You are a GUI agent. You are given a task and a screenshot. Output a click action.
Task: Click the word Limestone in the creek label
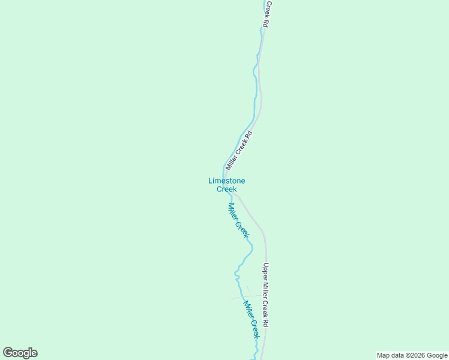point(226,181)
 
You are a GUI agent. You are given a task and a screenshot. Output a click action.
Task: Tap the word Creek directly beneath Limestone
point(226,189)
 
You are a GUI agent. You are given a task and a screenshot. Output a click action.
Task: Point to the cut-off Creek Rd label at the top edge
point(268,13)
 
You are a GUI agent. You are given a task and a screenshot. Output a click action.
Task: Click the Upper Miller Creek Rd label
point(266,295)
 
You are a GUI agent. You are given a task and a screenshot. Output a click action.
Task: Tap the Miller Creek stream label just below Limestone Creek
point(238,220)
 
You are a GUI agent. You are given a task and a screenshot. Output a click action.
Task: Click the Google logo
point(20,353)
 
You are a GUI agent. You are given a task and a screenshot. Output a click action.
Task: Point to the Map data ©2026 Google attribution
point(412,355)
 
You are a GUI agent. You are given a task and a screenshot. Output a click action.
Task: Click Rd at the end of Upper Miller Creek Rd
point(266,322)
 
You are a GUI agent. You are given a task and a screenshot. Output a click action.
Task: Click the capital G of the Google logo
point(8,353)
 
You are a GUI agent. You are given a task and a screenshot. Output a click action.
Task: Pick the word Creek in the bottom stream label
point(255,328)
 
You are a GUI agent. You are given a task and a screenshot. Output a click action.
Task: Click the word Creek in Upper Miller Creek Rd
point(266,307)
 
